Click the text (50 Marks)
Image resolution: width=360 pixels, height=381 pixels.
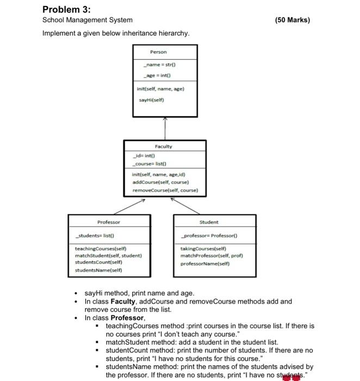[x=292, y=20]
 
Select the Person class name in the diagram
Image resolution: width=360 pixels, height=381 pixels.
[x=158, y=52]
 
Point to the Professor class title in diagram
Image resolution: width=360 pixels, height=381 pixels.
[x=109, y=222]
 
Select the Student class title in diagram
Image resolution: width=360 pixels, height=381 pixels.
[x=209, y=222]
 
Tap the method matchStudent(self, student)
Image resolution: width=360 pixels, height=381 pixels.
[x=108, y=255]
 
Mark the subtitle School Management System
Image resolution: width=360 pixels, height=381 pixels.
[x=87, y=20]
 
